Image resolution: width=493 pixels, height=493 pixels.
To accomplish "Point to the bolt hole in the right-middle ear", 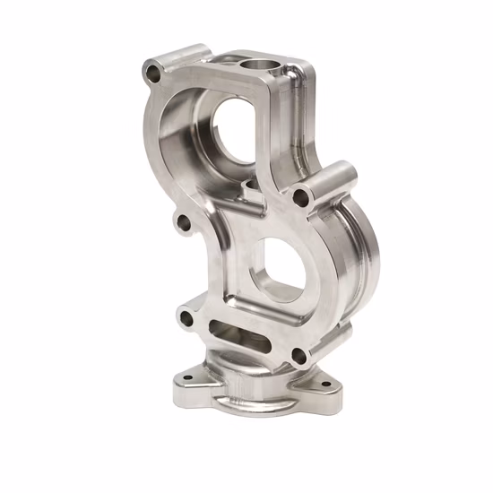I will pyautogui.click(x=298, y=195).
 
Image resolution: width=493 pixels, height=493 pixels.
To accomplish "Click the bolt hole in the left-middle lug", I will pyautogui.click(x=185, y=221).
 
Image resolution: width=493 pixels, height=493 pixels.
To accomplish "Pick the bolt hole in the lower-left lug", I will pyautogui.click(x=186, y=316).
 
